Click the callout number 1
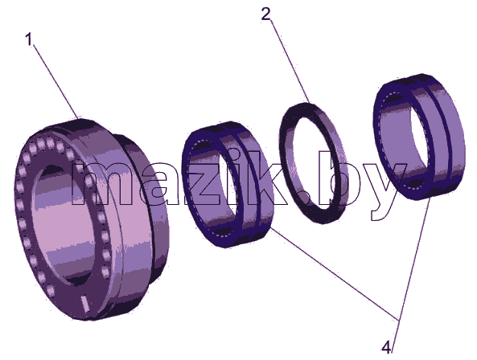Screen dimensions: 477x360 (x=29, y=39)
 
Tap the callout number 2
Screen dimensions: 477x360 (x=266, y=14)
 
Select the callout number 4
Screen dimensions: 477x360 (x=386, y=347)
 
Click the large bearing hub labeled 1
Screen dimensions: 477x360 (x=91, y=219)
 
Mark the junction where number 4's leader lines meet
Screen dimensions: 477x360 (x=399, y=319)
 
